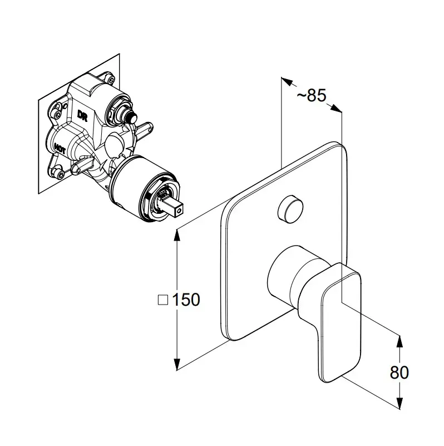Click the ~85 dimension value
click(x=312, y=95)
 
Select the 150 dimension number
click(x=186, y=300)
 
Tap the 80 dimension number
click(x=399, y=373)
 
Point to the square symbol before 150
click(x=163, y=300)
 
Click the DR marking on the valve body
click(x=82, y=115)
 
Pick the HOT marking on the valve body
click(x=60, y=148)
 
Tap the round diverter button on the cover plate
click(x=290, y=209)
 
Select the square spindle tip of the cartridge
click(x=176, y=209)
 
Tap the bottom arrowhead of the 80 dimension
click(x=399, y=403)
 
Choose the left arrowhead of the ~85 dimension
click(x=287, y=81)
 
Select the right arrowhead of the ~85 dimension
click(x=336, y=108)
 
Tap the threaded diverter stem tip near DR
click(x=132, y=116)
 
